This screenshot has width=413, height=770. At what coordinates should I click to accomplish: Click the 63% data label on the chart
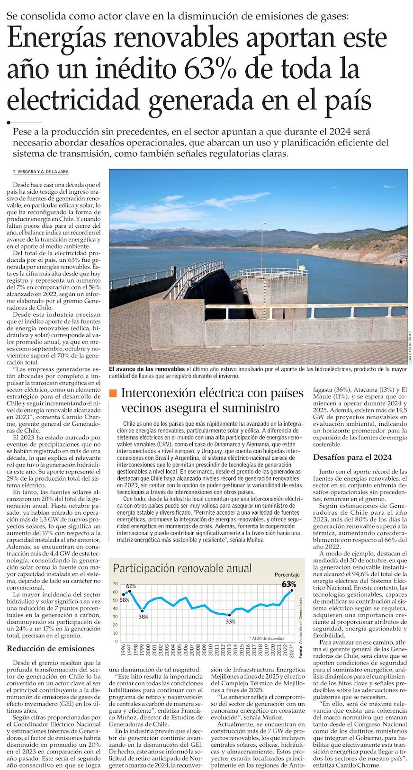pos(289,584)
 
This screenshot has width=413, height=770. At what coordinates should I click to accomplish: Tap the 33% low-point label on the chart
pos(230,621)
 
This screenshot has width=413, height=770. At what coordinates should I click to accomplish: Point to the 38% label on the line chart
pos(143,617)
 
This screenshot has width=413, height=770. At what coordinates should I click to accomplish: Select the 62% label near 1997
pos(131,586)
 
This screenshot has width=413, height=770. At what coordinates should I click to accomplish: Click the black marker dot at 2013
pos(230,615)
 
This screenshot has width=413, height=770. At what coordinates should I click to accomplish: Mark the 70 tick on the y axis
pos(115,584)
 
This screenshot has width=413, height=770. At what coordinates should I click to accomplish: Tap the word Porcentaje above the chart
pos(287,574)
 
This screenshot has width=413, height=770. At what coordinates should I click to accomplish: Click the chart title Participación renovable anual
pos(182,568)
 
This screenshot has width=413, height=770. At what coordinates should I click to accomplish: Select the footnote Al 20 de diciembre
pos(268,638)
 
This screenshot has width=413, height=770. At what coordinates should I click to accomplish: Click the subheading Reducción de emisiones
pos(51,648)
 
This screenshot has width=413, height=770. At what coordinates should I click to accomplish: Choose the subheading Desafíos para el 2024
pos(352,457)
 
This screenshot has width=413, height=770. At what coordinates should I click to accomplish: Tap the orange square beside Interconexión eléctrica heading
pos(113,393)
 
